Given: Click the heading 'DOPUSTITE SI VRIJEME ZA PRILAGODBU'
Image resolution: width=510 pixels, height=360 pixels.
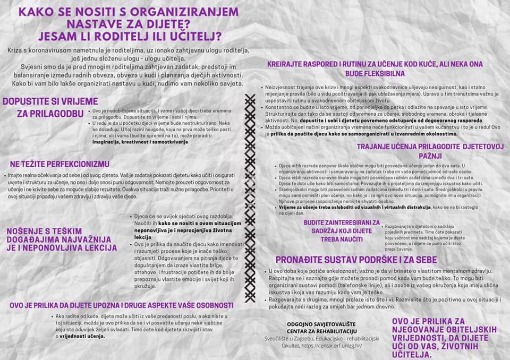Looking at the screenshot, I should point(42,107).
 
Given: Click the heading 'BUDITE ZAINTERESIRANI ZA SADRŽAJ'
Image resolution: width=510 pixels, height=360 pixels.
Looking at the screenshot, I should point(342,231).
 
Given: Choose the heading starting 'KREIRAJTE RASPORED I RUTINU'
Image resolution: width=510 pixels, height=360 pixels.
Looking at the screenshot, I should point(375,68).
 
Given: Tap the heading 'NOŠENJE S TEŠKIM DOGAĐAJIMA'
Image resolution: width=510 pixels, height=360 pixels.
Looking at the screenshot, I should point(61,239).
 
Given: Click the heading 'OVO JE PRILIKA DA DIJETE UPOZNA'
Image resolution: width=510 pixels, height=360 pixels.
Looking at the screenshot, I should point(122,305).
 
